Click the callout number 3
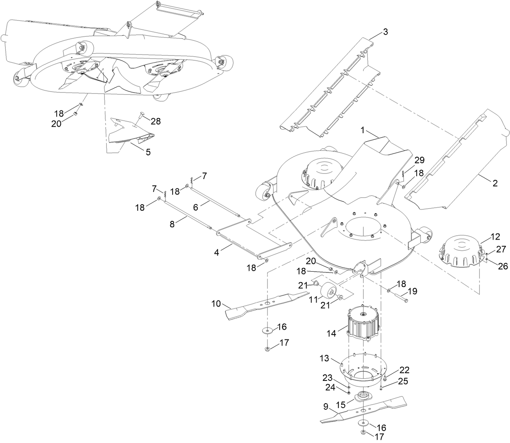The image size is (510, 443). (x=385, y=32)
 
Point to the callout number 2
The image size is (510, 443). (x=495, y=183)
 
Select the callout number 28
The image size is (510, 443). (x=156, y=121)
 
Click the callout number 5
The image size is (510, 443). (x=148, y=152)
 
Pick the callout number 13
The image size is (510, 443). (x=324, y=359)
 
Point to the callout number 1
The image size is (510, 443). (x=363, y=130)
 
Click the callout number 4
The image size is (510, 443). (x=217, y=252)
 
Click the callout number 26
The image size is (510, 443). (x=503, y=266)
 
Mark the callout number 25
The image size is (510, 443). (x=403, y=381)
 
